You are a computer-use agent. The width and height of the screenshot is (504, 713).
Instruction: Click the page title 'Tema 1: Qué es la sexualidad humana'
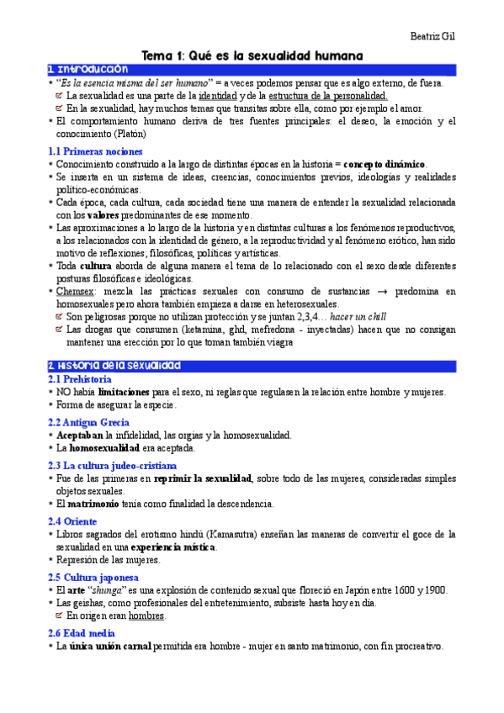[252, 55]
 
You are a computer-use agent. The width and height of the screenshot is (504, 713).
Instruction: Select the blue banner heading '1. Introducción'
[88, 69]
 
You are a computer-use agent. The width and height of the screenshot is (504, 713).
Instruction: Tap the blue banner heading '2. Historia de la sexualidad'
[114, 366]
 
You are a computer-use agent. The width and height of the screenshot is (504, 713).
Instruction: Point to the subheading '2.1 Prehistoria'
[80, 380]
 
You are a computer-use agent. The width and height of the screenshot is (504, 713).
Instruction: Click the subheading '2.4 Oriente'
[72, 520]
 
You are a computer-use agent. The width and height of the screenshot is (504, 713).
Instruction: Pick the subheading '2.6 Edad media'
[82, 632]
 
